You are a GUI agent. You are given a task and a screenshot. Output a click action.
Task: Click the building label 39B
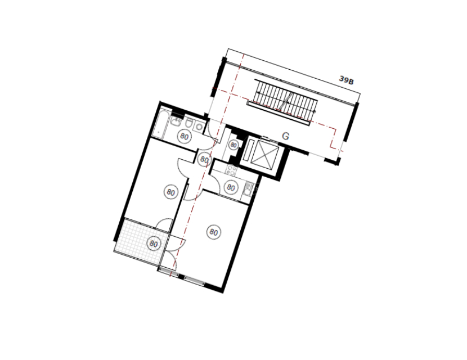[x=347, y=80]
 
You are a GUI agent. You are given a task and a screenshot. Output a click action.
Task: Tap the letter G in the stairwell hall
[x=285, y=136]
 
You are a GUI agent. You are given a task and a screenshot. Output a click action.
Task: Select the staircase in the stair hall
[x=282, y=101]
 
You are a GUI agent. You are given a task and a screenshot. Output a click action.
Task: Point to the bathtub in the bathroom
[x=160, y=124]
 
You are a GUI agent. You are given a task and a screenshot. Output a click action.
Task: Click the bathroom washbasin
[x=176, y=121]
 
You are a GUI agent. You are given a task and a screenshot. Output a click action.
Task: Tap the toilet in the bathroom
[x=189, y=122]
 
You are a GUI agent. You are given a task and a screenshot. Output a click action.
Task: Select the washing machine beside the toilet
[x=199, y=127]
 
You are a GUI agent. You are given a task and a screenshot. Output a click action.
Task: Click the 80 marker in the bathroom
[x=185, y=136]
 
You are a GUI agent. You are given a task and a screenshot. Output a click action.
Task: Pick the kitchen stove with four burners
[x=231, y=170]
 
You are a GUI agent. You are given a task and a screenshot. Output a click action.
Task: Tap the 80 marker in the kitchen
[x=231, y=187]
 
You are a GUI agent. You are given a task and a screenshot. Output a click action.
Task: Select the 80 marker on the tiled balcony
[x=154, y=244]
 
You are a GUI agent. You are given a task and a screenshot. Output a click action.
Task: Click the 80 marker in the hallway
[x=204, y=160]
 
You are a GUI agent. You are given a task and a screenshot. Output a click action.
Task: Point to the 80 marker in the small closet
[x=234, y=145]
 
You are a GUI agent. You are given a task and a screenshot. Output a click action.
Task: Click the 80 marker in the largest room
[x=214, y=232]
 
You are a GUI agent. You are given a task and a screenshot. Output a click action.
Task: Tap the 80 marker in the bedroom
[x=170, y=192]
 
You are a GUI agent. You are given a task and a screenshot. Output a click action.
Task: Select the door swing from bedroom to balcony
[x=163, y=224]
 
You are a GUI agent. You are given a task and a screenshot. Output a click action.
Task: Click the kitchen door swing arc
[x=215, y=182]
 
